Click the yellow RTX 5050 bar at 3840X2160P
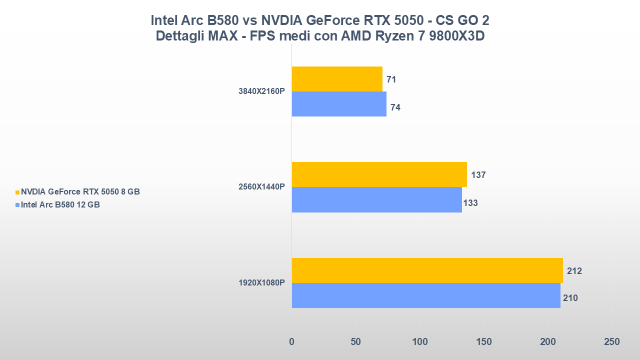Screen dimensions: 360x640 click(337, 79)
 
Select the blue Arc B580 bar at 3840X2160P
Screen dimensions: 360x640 click(339, 104)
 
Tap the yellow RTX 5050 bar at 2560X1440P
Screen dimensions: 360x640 click(379, 174)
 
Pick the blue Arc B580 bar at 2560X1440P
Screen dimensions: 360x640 click(376, 199)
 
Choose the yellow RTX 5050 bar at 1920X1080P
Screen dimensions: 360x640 click(427, 270)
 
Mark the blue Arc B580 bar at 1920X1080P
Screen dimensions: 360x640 click(426, 295)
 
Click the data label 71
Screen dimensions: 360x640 click(391, 79)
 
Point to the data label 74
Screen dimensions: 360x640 click(395, 107)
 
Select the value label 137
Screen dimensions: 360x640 click(478, 175)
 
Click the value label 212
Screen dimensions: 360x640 click(574, 271)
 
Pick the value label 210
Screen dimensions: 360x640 click(570, 298)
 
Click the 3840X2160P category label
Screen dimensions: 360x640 click(261, 91)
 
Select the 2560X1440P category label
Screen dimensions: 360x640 click(261, 187)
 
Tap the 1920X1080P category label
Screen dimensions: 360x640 click(261, 283)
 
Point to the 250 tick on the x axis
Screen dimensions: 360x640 click(611, 342)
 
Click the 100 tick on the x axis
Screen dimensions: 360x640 click(419, 342)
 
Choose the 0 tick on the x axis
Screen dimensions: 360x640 click(292, 342)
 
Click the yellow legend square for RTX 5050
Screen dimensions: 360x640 click(17, 192)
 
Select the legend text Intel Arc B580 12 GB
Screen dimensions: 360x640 click(60, 204)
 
